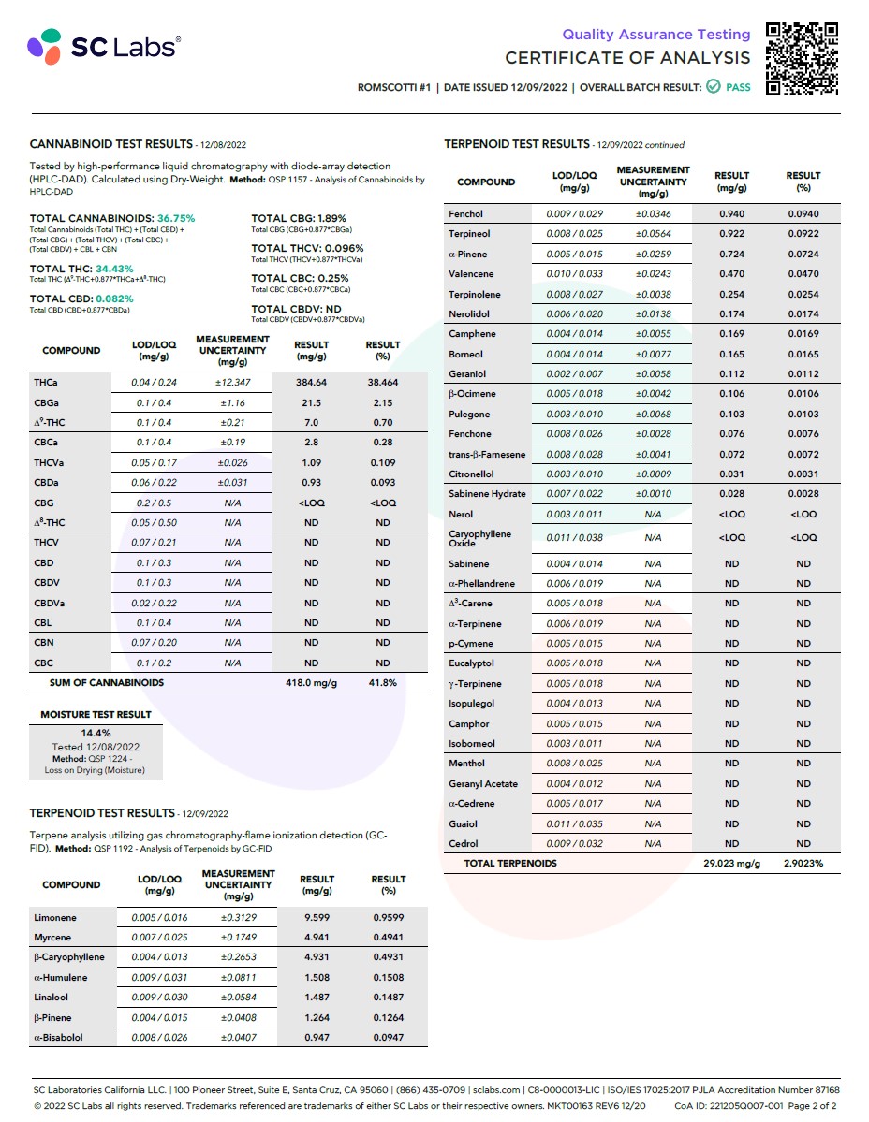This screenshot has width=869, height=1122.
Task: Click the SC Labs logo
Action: (x=103, y=45)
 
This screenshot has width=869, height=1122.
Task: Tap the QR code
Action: (x=802, y=58)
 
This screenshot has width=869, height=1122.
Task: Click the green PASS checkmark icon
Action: (x=714, y=87)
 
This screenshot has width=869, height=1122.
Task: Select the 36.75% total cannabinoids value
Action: (x=176, y=218)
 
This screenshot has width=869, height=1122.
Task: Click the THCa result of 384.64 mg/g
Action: (x=311, y=383)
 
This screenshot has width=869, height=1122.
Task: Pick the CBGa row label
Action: (x=47, y=402)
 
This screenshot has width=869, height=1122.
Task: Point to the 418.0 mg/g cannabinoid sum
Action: (x=311, y=683)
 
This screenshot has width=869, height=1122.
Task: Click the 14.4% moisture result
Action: (x=96, y=733)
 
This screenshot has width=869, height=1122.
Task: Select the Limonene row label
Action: (x=55, y=918)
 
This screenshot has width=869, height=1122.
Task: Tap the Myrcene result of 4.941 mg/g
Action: (x=317, y=938)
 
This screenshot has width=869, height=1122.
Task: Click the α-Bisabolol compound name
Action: (x=58, y=1038)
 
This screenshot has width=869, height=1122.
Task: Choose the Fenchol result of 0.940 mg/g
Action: (x=731, y=214)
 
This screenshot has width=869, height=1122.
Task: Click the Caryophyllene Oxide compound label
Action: (x=480, y=538)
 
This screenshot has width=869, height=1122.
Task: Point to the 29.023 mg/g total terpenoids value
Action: (x=731, y=864)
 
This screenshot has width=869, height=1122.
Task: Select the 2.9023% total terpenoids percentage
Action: (x=803, y=864)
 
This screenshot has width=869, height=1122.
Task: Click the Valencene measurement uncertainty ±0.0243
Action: (x=653, y=274)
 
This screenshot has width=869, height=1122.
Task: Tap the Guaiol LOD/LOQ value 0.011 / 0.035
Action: (x=574, y=824)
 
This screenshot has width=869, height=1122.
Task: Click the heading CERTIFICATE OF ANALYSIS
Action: (x=627, y=58)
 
